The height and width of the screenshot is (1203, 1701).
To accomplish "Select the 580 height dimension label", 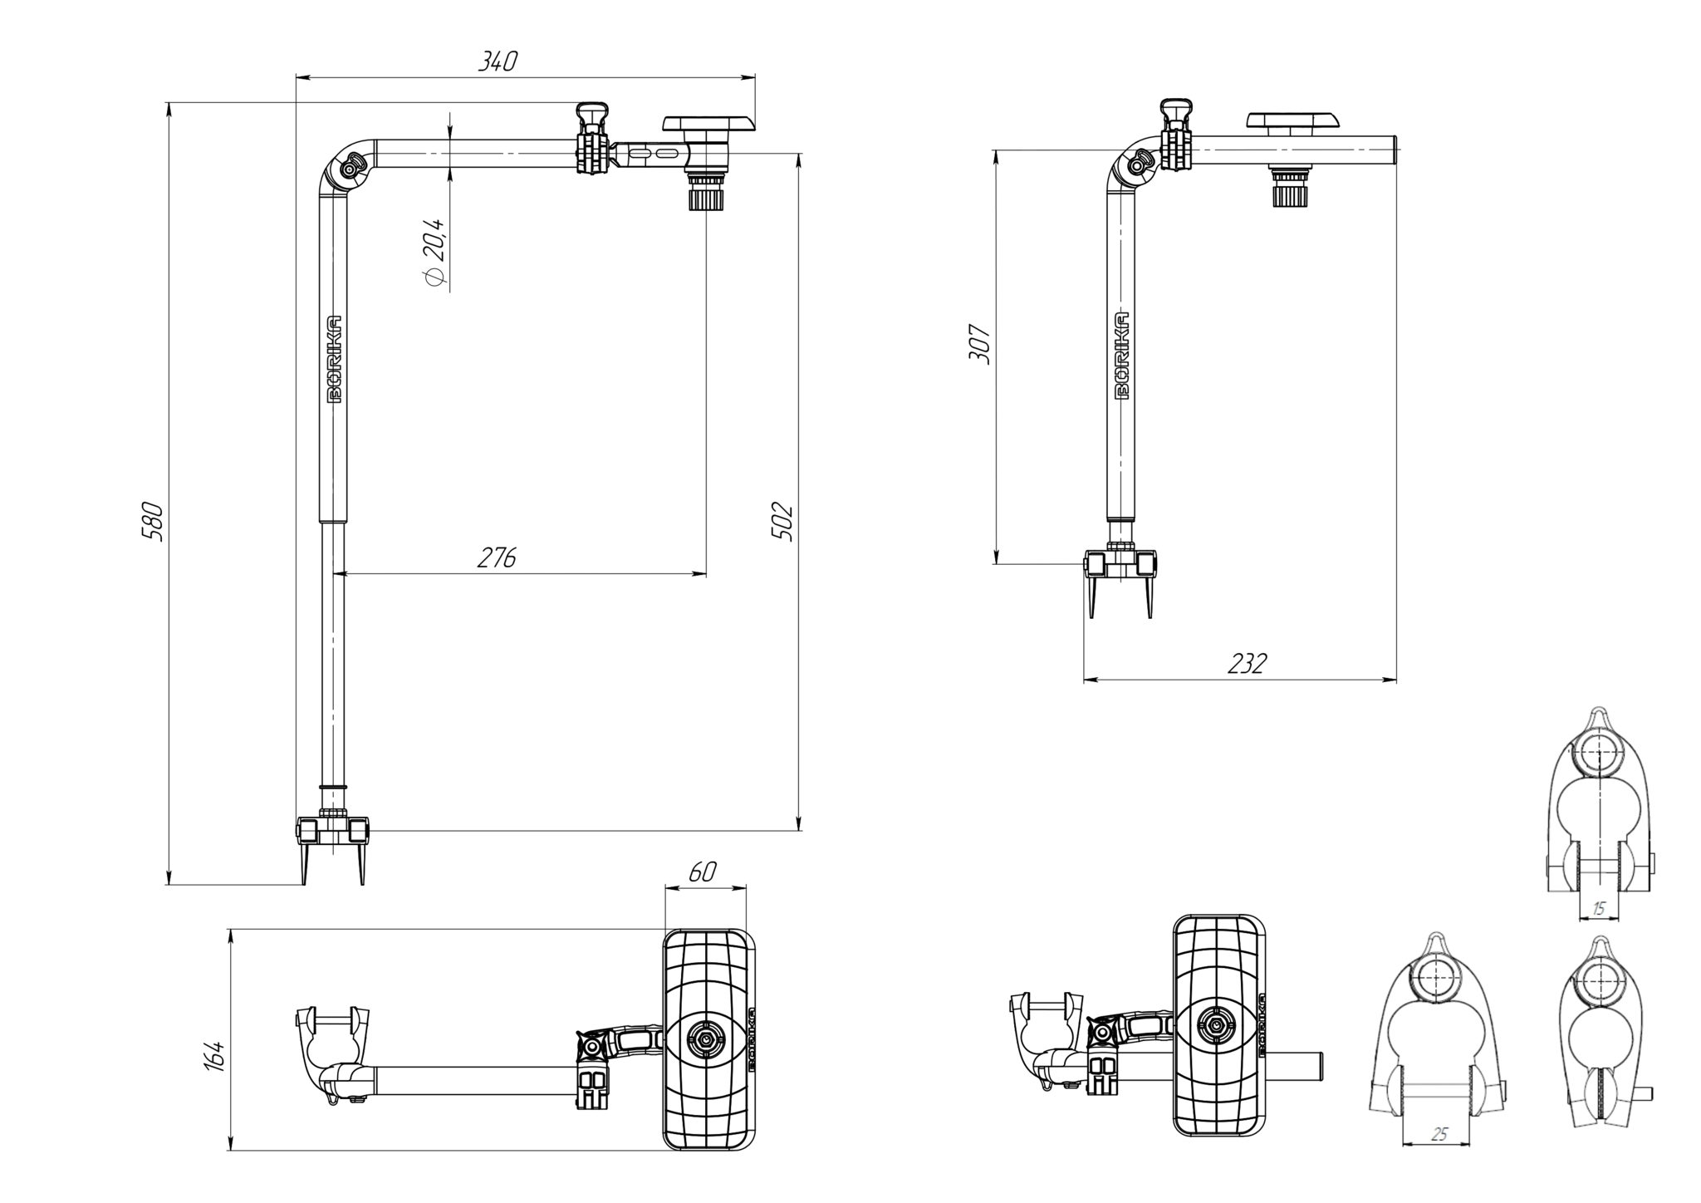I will click(x=153, y=521).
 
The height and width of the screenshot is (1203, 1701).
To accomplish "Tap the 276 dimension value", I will click(x=497, y=557).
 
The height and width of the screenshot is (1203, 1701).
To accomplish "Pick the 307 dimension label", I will click(x=979, y=343).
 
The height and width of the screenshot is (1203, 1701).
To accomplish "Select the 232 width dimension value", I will click(x=1247, y=664).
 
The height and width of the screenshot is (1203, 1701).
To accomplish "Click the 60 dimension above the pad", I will click(x=703, y=872).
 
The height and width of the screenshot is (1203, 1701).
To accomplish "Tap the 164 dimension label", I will click(x=214, y=1056).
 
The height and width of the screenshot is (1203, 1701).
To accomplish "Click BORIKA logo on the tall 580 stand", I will click(x=335, y=359).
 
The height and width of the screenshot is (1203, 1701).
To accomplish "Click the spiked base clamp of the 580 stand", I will click(x=332, y=832).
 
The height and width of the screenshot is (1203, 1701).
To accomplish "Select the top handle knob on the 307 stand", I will click(x=1177, y=108).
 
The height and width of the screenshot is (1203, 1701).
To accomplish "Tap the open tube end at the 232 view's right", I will click(x=1395, y=153).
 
